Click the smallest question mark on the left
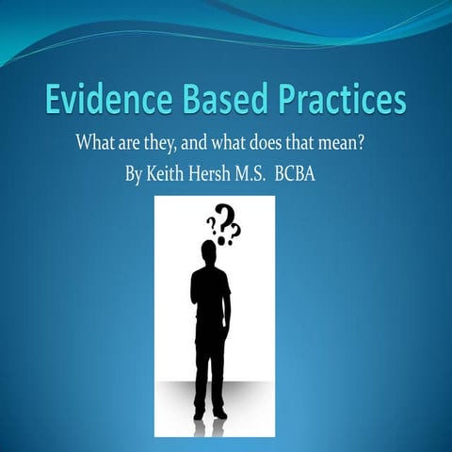(211, 226)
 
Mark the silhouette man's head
(210, 253)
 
